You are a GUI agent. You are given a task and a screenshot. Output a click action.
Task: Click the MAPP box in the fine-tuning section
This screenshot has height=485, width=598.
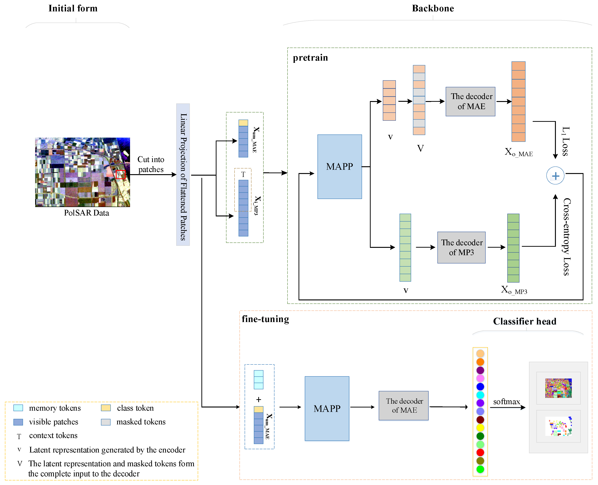(x=327, y=408)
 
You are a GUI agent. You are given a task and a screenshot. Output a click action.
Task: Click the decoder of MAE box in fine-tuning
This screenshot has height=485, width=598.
(x=403, y=405)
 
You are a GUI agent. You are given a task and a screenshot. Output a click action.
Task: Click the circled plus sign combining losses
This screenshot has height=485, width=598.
(x=555, y=176)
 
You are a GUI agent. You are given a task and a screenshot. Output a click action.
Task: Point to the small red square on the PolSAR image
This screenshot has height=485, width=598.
(x=120, y=174)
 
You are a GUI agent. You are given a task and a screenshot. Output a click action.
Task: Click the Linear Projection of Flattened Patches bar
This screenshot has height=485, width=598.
(x=183, y=175)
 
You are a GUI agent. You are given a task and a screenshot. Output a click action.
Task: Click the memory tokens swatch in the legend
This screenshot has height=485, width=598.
(x=18, y=408)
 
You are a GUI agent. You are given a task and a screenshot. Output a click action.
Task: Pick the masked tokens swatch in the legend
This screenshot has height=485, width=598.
(x=106, y=422)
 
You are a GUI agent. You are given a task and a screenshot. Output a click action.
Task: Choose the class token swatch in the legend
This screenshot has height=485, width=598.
(x=106, y=408)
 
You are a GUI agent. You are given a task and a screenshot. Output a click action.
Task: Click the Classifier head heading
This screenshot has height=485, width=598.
(x=524, y=321)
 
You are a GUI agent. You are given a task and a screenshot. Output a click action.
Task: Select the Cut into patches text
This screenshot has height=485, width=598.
(x=151, y=164)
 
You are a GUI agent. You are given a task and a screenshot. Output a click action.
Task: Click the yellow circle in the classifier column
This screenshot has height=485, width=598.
(x=480, y=427)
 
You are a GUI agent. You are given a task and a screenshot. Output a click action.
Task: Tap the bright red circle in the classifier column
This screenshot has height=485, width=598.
(x=480, y=452)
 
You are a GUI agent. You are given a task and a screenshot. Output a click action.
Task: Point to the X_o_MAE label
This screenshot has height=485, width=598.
(x=518, y=152)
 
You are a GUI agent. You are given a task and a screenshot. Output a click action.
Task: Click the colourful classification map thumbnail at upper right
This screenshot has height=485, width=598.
(x=558, y=388)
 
